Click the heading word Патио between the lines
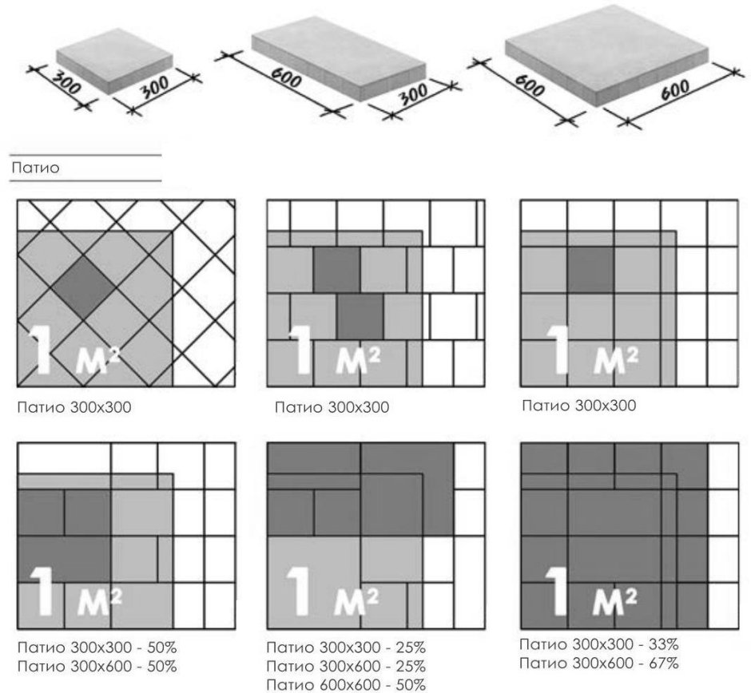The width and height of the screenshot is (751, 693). tap(35, 168)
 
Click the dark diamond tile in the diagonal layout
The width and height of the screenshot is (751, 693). tap(84, 286)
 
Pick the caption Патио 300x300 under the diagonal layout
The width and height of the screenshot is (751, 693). tap(74, 407)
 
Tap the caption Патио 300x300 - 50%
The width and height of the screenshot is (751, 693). tap(97, 647)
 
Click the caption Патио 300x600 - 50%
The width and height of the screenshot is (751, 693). tap(97, 666)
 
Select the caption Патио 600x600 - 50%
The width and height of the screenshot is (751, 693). tap(346, 685)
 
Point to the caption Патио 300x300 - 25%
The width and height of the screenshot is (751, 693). tap(346, 647)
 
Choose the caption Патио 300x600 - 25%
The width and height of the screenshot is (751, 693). tap(346, 666)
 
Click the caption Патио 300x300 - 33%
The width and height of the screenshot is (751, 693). tap(599, 644)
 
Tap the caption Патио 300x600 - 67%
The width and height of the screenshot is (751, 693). tap(599, 663)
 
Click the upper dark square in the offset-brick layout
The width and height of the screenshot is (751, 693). tap(336, 269)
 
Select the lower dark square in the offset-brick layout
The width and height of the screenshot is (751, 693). tap(360, 316)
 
